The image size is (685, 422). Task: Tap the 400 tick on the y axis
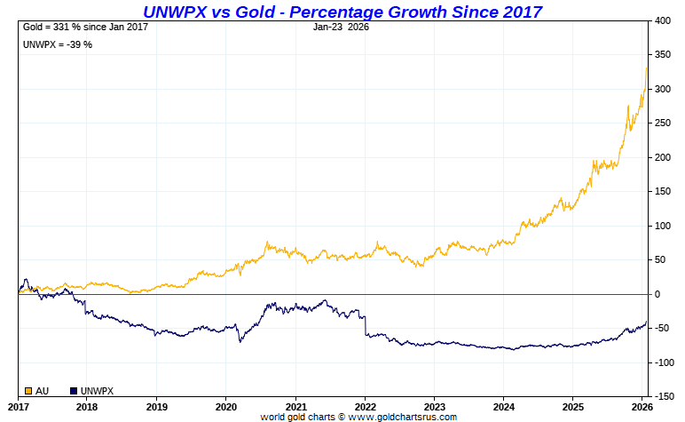(663, 20)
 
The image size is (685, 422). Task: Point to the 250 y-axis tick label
(663, 123)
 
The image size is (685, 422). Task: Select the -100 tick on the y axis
(664, 362)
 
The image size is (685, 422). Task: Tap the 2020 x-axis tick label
(225, 406)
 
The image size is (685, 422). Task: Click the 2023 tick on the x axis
(434, 406)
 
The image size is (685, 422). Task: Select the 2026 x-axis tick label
(642, 406)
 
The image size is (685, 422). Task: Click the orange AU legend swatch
(28, 391)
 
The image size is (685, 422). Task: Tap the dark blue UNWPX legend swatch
(73, 391)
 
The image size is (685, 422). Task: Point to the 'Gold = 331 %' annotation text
(85, 27)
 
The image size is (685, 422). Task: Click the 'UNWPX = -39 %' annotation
(57, 44)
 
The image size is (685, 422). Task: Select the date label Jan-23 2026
(342, 27)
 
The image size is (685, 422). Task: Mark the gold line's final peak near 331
(647, 67)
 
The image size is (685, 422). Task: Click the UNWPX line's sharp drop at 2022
(365, 324)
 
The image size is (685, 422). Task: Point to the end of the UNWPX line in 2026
(647, 321)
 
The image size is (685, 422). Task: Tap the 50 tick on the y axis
(661, 259)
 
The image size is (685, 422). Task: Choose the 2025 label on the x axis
(573, 406)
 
